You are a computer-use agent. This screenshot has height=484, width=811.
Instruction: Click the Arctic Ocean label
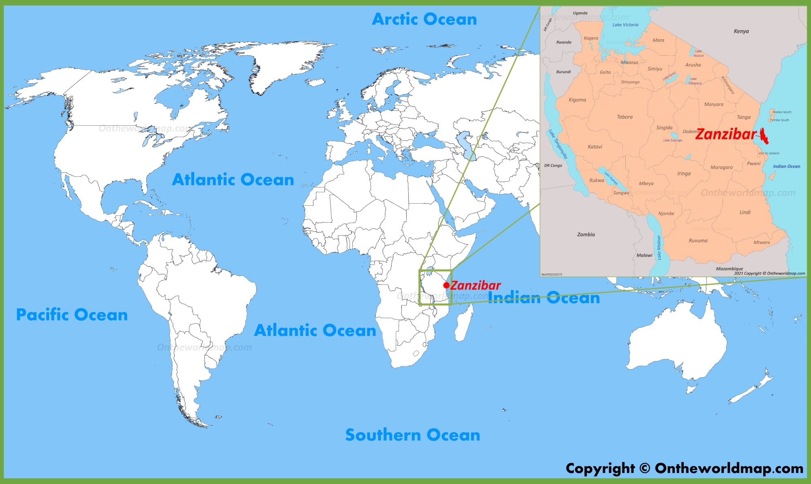[x=424, y=19]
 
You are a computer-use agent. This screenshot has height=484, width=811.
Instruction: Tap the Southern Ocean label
[x=412, y=435]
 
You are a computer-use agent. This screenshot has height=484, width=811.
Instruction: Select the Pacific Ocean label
[x=72, y=315]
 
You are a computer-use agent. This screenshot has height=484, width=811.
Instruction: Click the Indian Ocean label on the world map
[x=543, y=298]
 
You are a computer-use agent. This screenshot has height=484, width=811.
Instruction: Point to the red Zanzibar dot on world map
[x=446, y=285]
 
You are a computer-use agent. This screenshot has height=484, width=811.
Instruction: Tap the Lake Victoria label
[x=625, y=25]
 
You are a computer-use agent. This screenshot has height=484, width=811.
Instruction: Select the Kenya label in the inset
[x=741, y=31]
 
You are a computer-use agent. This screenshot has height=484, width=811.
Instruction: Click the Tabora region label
[x=624, y=117]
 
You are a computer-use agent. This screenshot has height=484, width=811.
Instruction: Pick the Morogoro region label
[x=721, y=167]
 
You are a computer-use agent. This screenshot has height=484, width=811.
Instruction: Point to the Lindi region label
[x=745, y=212]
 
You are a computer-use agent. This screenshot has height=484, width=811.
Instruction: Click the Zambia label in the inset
[x=586, y=234]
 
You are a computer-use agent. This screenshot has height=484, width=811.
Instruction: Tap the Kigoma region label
[x=577, y=100]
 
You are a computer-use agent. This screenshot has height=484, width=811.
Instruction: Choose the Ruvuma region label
[x=698, y=241]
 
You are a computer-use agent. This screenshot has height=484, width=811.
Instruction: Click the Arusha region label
[x=693, y=65]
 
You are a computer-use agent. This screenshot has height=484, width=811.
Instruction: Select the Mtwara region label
[x=762, y=242]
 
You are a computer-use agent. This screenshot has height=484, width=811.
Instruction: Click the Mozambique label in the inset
[x=729, y=269]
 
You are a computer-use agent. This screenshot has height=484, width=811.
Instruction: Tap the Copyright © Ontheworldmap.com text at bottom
[x=684, y=468]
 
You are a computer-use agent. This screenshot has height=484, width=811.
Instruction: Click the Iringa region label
[x=684, y=174]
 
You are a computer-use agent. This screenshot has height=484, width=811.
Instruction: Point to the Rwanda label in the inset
[x=564, y=42]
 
